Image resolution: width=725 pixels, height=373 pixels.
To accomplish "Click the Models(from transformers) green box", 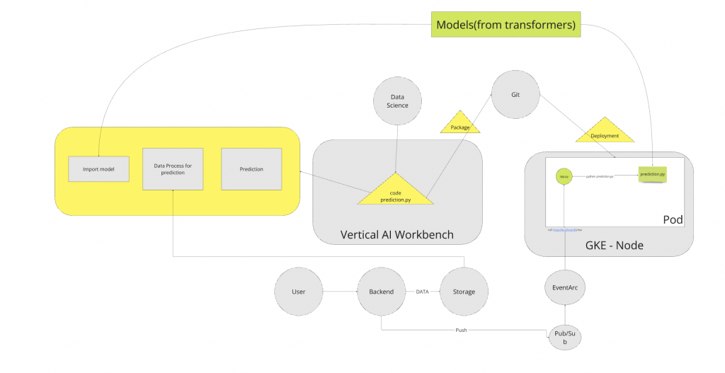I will coord(506,25).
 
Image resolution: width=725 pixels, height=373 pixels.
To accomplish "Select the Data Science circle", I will coord(397,101).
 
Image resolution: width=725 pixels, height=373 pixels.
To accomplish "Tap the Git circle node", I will coord(516,94).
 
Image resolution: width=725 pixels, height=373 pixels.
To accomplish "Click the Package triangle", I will coord(460,125).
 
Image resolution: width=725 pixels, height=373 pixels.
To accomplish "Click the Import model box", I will coord(98,168).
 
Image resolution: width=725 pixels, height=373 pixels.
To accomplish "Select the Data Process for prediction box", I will coord(173,168).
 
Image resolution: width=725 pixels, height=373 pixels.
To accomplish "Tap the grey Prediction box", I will coord(251,168).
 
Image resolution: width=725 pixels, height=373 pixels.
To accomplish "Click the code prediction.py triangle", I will coord(395,193).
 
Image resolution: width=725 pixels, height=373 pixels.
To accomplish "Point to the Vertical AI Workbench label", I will coord(396,234).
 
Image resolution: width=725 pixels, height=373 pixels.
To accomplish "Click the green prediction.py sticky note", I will coord(652,173).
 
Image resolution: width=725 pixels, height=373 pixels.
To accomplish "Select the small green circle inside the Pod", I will coord(564,176).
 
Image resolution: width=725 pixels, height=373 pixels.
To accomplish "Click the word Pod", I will coord(673,220).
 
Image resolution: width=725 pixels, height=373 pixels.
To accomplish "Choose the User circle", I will coord(299,292).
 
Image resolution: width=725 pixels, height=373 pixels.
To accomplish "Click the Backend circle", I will coord(381,292).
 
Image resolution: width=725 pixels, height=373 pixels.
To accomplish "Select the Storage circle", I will coord(464,292).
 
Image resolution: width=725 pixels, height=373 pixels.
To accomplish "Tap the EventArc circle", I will coord(565,288).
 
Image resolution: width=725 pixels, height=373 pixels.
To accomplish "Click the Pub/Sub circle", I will coord(565,336).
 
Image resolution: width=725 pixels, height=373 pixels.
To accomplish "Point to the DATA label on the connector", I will coord(422,292).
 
